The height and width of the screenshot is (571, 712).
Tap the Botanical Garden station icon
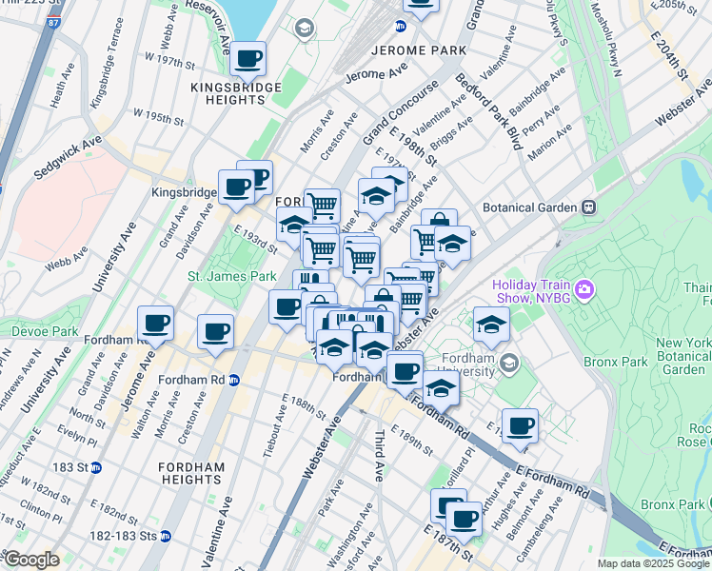point(589,207)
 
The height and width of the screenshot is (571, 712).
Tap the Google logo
point(31,560)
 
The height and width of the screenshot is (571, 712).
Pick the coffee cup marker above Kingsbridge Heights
point(248,59)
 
